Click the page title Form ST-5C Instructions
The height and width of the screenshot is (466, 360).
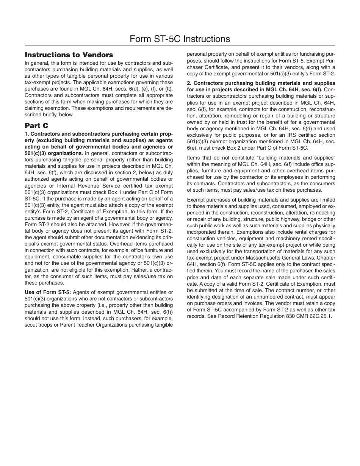coord(180,39)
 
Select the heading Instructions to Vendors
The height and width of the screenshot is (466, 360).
coord(69,55)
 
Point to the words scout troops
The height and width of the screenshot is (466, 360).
coord(39,325)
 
